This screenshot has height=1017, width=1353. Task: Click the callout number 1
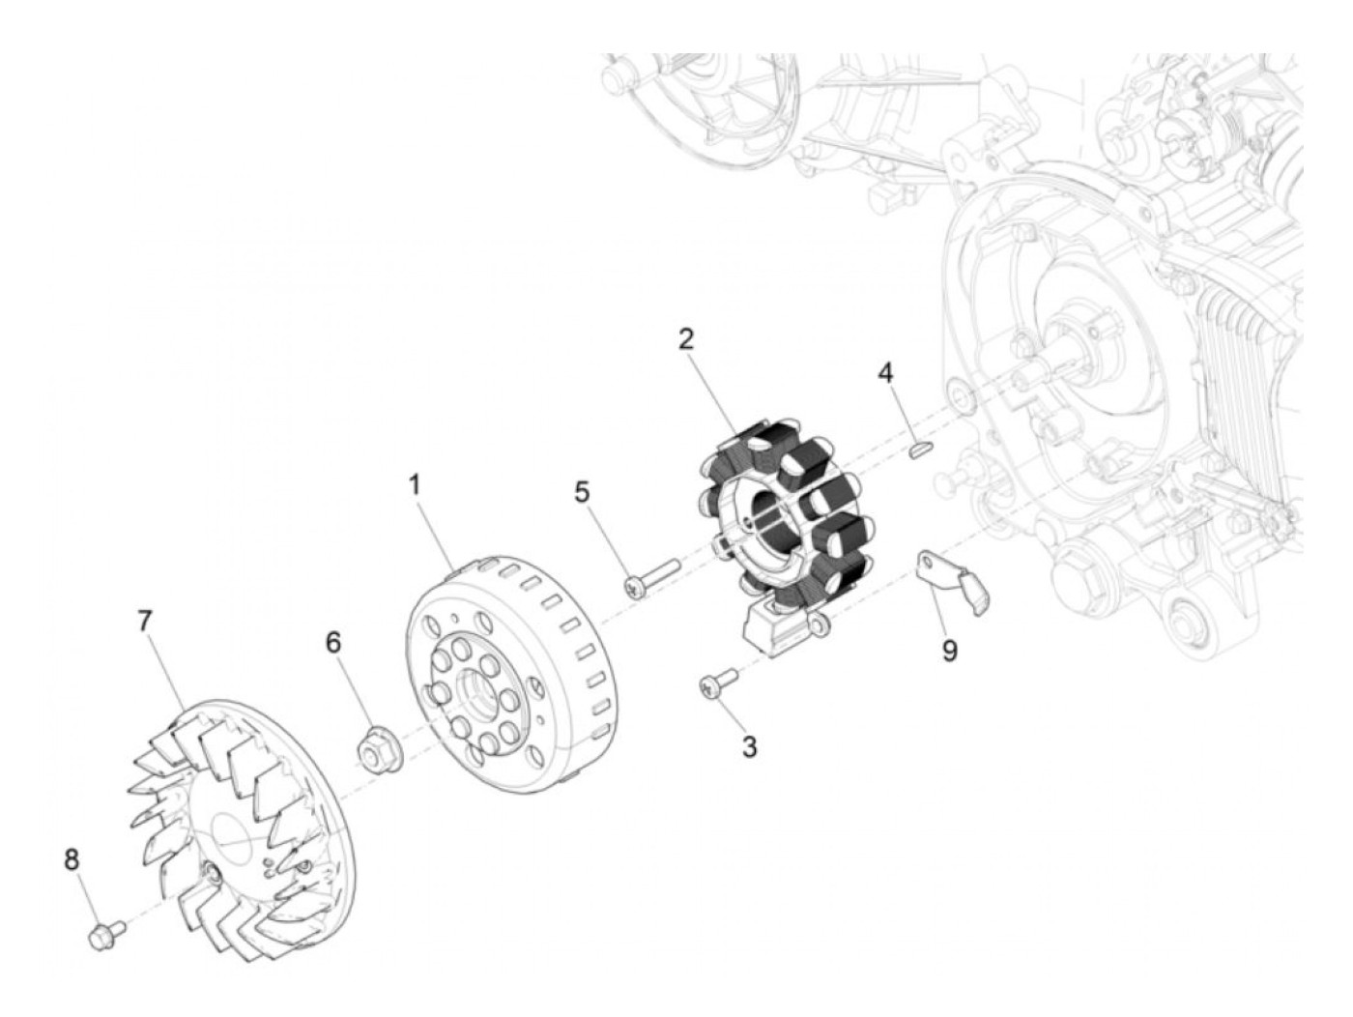[x=415, y=485]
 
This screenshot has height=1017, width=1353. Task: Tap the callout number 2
[x=685, y=340]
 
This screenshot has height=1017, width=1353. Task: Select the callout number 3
[x=750, y=746]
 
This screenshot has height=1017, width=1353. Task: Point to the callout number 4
[x=885, y=371]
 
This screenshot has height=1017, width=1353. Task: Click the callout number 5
[x=581, y=493]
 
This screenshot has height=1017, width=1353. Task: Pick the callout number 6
[x=333, y=643]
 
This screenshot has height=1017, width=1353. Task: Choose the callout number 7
[x=145, y=620]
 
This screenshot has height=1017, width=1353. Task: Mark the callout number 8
[x=72, y=858]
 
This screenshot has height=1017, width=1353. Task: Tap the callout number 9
[x=950, y=651]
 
